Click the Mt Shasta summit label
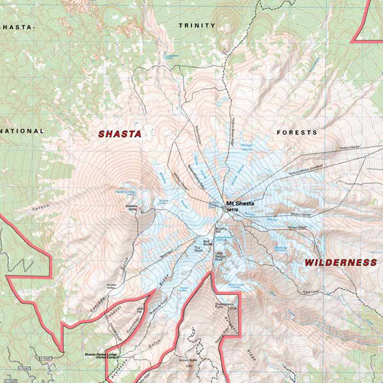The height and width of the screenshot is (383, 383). pos(239,203)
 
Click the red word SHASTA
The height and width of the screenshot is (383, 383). pos(119,134)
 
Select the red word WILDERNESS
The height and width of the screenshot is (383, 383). pos(340,262)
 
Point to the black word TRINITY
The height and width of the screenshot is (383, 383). pos(197,26)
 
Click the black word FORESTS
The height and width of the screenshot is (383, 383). pos(296,132)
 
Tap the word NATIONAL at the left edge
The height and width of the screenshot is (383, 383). pos(22,131)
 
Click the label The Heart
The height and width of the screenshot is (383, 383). pos(198,250)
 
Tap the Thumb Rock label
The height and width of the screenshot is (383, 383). pos(220,255)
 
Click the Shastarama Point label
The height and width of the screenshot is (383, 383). pos(226,307)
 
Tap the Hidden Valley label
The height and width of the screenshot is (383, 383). pos(113,286)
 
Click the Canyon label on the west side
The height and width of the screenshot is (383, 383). pos(39,207)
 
